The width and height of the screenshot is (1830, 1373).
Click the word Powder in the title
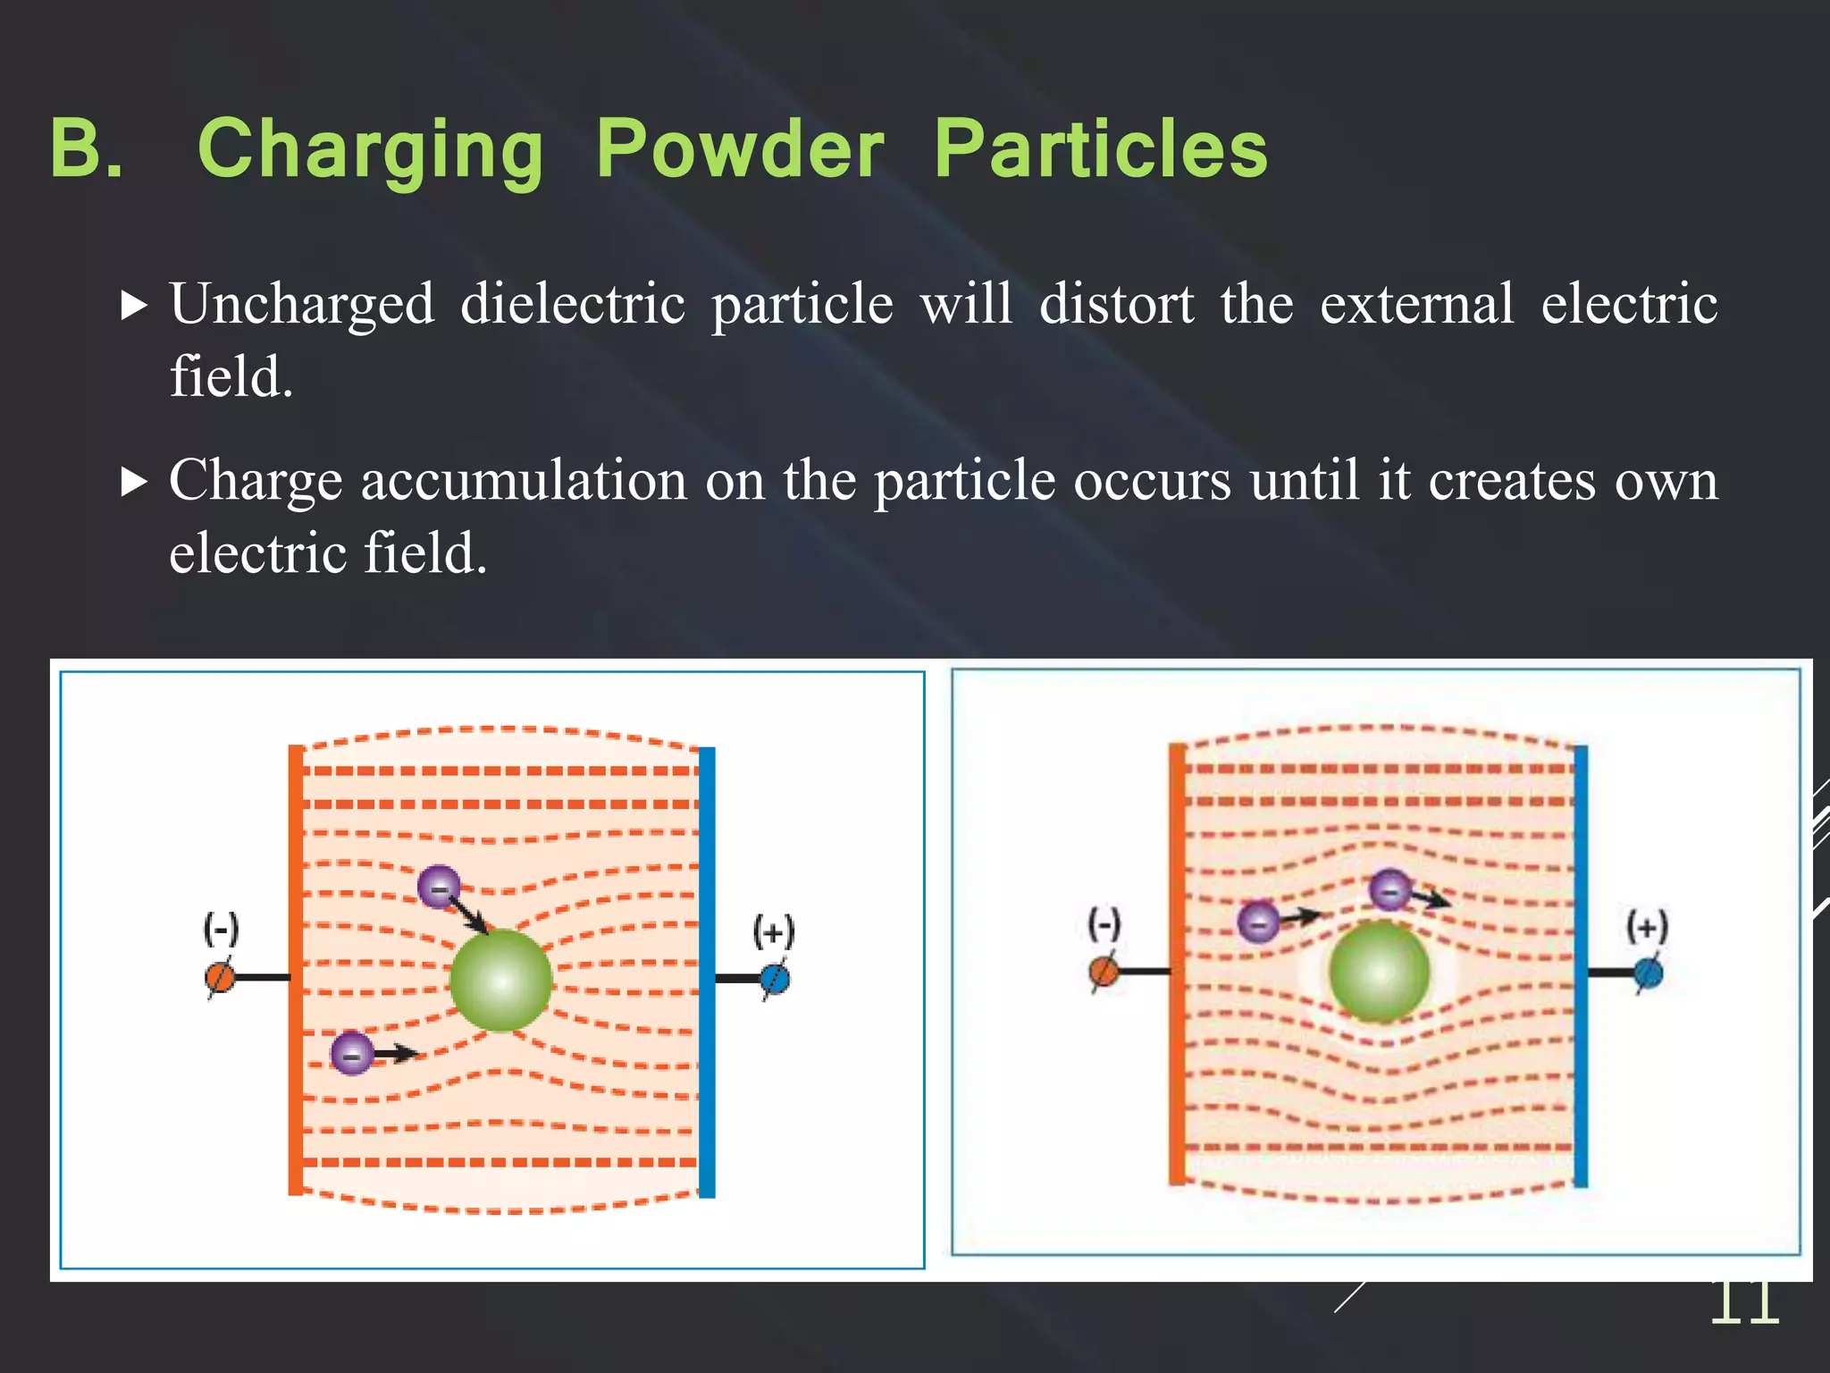(740, 150)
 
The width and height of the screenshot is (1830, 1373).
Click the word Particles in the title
(1100, 150)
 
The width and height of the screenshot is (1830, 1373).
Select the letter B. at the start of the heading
(86, 148)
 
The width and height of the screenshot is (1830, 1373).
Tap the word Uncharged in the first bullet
(302, 305)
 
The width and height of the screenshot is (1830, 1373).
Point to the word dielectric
(573, 303)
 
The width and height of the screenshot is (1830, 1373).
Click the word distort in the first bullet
(1116, 303)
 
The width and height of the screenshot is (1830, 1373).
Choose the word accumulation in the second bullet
(525, 481)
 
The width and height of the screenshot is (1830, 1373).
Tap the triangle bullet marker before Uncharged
(133, 306)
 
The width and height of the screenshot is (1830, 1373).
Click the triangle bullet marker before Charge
(133, 483)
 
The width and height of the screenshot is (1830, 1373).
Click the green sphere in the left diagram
(501, 980)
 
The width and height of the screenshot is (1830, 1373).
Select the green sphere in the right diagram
(1380, 972)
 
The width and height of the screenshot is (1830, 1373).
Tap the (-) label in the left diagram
(221, 929)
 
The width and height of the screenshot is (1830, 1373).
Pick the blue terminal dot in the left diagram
(775, 980)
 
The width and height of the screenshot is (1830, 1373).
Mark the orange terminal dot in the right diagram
(1104, 972)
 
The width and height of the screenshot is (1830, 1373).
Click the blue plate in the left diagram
(707, 972)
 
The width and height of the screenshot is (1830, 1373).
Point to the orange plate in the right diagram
(1178, 964)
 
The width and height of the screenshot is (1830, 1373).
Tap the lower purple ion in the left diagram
(352, 1053)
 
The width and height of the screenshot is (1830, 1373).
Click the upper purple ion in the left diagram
(439, 887)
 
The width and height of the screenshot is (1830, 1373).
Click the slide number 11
(1744, 1303)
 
